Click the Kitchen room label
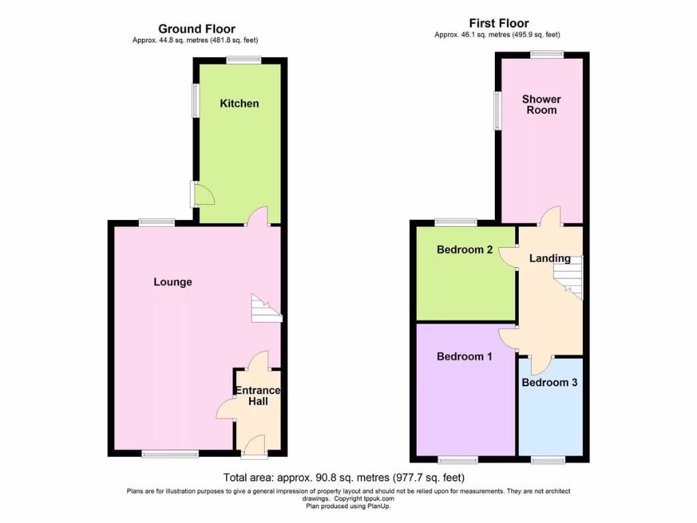tap(240, 104)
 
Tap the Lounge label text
tap(173, 282)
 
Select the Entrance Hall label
tap(257, 396)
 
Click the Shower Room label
tap(542, 105)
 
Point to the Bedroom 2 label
tap(465, 250)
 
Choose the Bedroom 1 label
tap(465, 356)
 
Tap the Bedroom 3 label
tap(549, 383)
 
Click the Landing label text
tap(550, 258)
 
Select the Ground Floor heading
tap(197, 29)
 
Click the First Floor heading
tap(499, 23)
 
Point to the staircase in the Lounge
tap(266, 308)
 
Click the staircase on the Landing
tap(569, 276)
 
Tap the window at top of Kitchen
tap(244, 60)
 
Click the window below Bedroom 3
tap(548, 460)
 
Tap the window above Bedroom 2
tap(456, 222)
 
